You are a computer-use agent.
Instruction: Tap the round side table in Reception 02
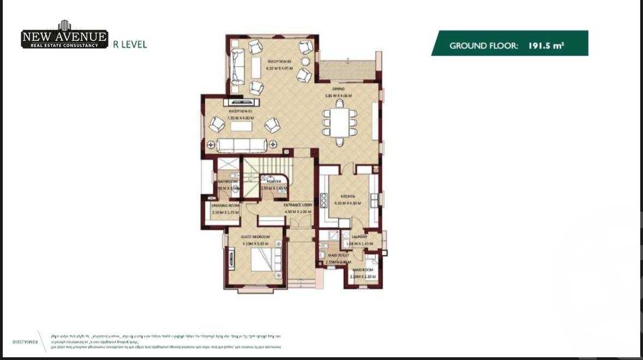306,60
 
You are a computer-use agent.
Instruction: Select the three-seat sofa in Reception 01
242,145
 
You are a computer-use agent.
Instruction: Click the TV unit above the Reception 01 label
241,101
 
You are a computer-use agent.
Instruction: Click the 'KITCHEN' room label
348,196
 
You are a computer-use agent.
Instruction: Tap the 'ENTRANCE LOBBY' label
297,205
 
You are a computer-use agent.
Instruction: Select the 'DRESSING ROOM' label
225,206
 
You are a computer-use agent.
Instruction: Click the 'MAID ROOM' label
363,270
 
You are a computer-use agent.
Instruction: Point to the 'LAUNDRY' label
359,237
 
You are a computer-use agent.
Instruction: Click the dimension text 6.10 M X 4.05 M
279,69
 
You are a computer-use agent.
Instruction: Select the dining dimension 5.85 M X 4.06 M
338,95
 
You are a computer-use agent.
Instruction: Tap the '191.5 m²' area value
545,46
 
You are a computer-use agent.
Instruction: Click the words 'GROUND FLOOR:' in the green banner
483,46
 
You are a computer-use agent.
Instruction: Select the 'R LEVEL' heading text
130,45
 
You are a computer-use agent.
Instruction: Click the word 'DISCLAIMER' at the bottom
25,341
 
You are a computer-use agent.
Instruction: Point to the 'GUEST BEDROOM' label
255,237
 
